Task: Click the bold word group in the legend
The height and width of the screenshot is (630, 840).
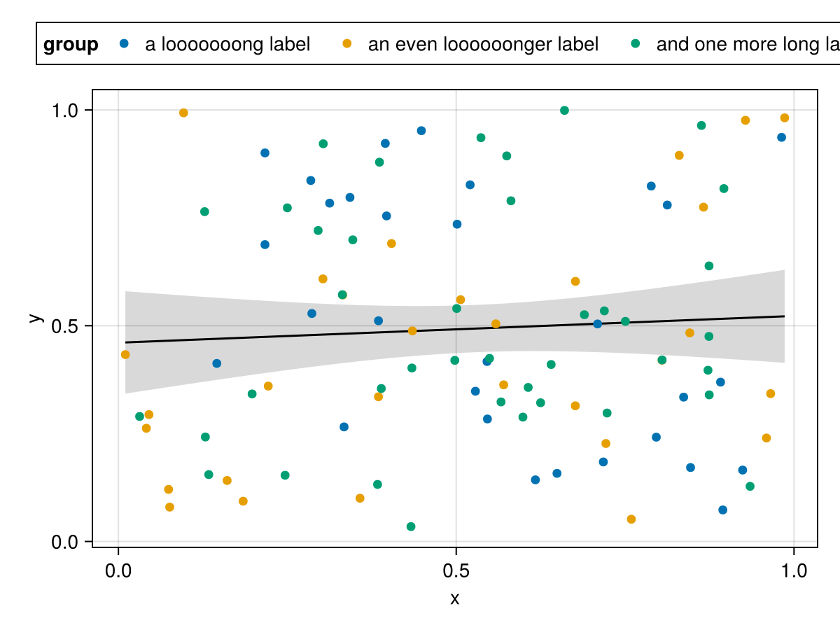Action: tap(71, 45)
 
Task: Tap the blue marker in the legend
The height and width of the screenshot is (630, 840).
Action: tap(125, 44)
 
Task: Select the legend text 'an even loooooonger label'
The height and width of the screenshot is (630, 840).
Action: tap(483, 45)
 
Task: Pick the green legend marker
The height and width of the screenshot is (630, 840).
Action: tap(636, 44)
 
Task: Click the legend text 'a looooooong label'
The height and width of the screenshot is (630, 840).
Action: tap(227, 45)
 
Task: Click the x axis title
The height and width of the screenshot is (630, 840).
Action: tap(455, 599)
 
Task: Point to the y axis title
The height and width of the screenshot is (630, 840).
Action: tap(34, 317)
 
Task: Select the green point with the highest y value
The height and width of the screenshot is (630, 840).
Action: tap(564, 111)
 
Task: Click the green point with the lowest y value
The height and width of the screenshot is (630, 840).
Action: tap(411, 526)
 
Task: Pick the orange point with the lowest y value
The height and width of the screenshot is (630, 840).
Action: tap(631, 519)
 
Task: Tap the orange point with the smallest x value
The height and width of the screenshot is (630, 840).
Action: tap(125, 354)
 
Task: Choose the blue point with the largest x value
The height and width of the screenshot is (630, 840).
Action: tap(782, 137)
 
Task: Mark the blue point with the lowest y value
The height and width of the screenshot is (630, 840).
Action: tap(723, 510)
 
